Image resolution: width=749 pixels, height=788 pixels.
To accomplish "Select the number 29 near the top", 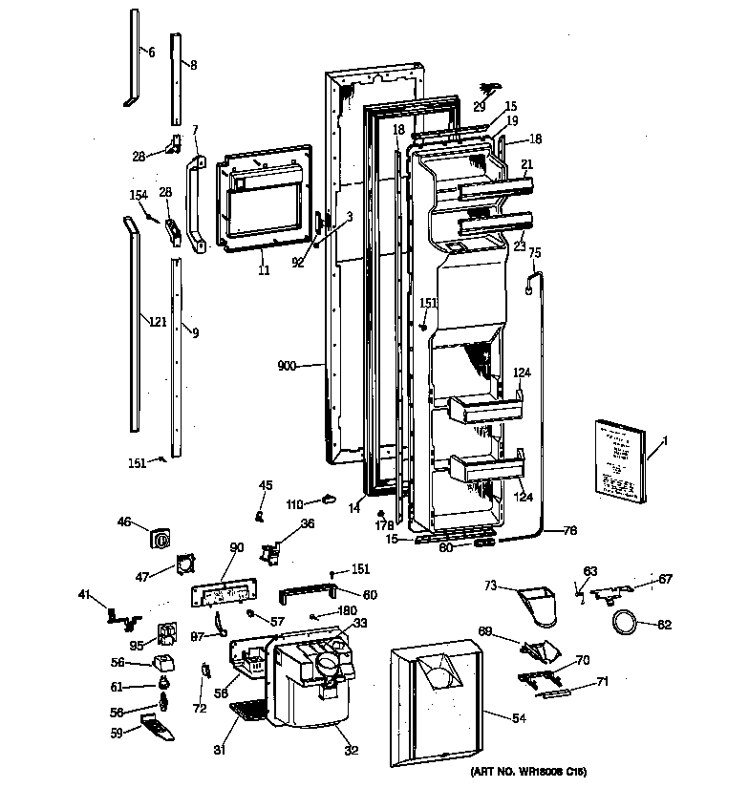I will click(480, 106).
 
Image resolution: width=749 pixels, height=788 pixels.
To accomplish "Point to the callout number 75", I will click(535, 253).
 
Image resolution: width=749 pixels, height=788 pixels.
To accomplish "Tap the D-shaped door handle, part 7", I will click(197, 204).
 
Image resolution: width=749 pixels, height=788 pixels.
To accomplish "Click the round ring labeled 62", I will click(625, 623).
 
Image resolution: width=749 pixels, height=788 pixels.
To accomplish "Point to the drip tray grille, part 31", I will click(250, 711).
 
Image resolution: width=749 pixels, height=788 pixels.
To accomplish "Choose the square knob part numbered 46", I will click(160, 538).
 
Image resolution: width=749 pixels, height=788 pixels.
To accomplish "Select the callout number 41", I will click(84, 596).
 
